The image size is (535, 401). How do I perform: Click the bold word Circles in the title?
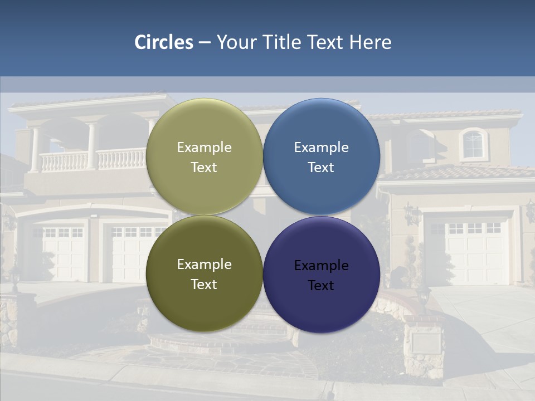pos(164,42)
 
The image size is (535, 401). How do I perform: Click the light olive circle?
pos(205,157)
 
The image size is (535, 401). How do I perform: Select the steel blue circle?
pos(322,157)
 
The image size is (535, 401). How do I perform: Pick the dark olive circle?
pos(205,273)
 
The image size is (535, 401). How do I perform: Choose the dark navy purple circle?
pos(322,275)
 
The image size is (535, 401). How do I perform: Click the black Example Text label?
pos(321,275)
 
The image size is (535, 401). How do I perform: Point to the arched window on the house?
pos(473,144)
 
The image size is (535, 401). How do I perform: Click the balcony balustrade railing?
pos(92,160)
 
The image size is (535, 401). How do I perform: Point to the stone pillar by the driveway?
pos(424,346)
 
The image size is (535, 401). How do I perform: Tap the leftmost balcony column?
pos(35,149)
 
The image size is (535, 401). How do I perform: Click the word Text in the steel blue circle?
pos(321,168)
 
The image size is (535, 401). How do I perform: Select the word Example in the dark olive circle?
pos(204,264)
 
